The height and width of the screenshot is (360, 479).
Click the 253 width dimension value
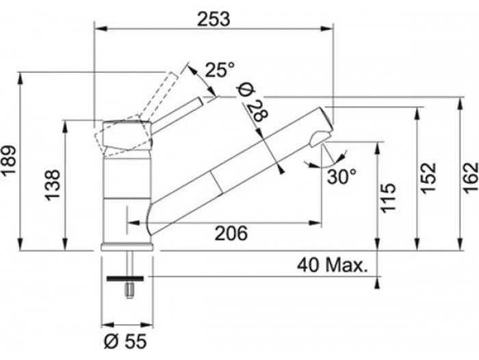pos(213,19)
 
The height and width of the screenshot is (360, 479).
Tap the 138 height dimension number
pos(53,185)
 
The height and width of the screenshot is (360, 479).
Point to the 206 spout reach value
pos(231,233)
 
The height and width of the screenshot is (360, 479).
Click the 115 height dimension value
pos(388,198)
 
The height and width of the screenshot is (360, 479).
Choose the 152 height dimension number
pos(428,178)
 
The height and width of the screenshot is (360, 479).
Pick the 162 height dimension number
pos(471,178)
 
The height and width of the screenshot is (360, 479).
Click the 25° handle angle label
pos(220,70)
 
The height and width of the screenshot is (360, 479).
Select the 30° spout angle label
pos(342,177)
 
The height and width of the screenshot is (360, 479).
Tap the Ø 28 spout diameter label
pos(253,103)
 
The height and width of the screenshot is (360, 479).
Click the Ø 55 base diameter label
pos(125,341)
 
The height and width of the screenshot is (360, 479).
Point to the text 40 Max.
pos(332,266)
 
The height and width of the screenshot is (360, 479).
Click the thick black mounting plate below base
pos(125,279)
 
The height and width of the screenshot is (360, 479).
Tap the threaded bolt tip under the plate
pos(130,290)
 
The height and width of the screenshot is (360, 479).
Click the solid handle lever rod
pos(177,115)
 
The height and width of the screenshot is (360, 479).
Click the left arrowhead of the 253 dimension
pos(101,29)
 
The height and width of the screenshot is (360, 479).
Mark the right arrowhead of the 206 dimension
pos(315,223)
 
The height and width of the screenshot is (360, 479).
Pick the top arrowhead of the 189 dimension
pos(20,79)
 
